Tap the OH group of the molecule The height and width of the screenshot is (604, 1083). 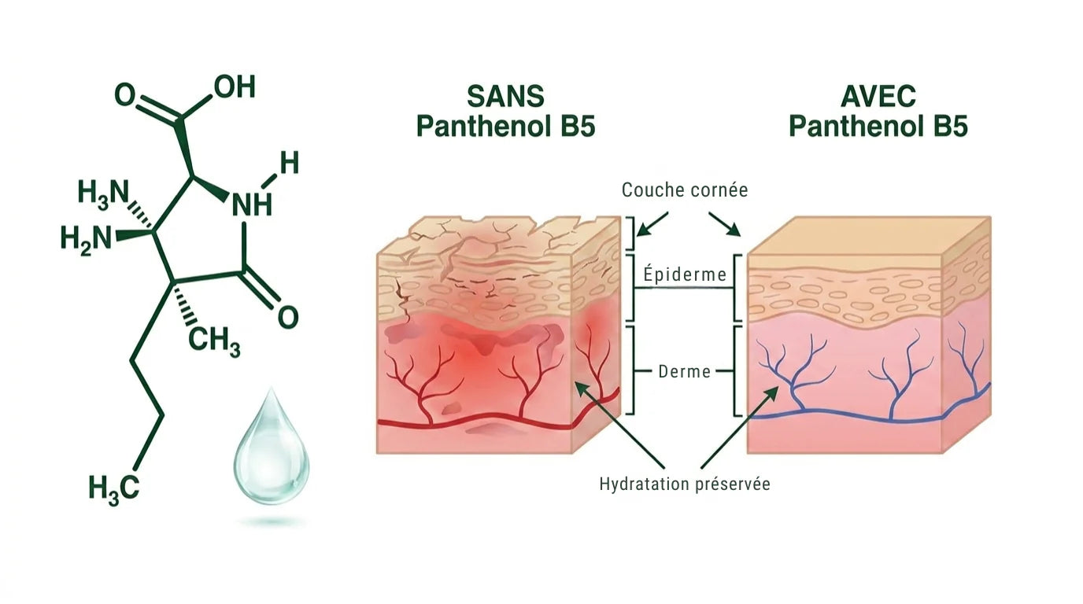click(x=235, y=87)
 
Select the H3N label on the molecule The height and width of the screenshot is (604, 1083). click(x=103, y=193)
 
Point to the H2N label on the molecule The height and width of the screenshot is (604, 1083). click(x=86, y=239)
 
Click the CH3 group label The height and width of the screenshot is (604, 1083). click(x=214, y=341)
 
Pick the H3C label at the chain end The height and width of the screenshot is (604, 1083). click(x=114, y=488)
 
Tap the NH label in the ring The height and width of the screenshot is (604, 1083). click(x=252, y=205)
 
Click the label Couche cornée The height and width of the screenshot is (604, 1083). click(x=685, y=190)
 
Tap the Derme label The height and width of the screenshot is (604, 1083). click(x=685, y=371)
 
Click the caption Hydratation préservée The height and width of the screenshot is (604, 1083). click(x=685, y=484)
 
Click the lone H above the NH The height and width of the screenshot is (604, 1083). click(x=289, y=163)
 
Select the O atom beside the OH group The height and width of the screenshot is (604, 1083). click(x=124, y=94)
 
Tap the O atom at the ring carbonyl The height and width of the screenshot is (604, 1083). click(x=288, y=318)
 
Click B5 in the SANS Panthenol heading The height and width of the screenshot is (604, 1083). click(x=578, y=127)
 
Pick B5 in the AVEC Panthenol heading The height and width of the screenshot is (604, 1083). click(x=950, y=127)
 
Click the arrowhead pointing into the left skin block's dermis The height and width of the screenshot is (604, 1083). click(x=581, y=388)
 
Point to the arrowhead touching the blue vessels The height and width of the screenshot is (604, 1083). click(x=771, y=393)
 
